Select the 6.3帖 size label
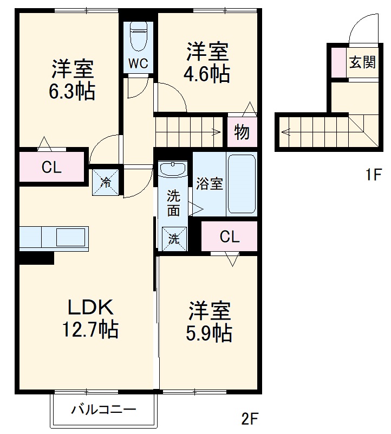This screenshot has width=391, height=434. pyautogui.click(x=73, y=92)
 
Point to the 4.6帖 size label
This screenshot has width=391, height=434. pyautogui.click(x=207, y=74)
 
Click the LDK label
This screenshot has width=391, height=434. pyautogui.click(x=90, y=308)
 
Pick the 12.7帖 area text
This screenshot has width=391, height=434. pyautogui.click(x=90, y=329)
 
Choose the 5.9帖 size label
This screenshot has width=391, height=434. pyautogui.click(x=209, y=333)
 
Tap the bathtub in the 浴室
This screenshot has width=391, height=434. pyautogui.click(x=242, y=184)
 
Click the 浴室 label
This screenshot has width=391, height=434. pyautogui.click(x=209, y=184)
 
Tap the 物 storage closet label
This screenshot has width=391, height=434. pyautogui.click(x=242, y=132)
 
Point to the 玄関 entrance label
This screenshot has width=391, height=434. pyautogui.click(x=362, y=62)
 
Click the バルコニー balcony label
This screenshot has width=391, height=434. pyautogui.click(x=104, y=410)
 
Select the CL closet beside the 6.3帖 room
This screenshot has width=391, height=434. pyautogui.click(x=51, y=168)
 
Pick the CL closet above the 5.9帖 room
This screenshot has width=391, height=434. pyautogui.click(x=230, y=237)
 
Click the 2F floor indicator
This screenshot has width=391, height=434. pyautogui.click(x=250, y=419)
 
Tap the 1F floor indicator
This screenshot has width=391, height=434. pyautogui.click(x=373, y=175)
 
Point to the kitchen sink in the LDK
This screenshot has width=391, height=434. pyautogui.click(x=71, y=238)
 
